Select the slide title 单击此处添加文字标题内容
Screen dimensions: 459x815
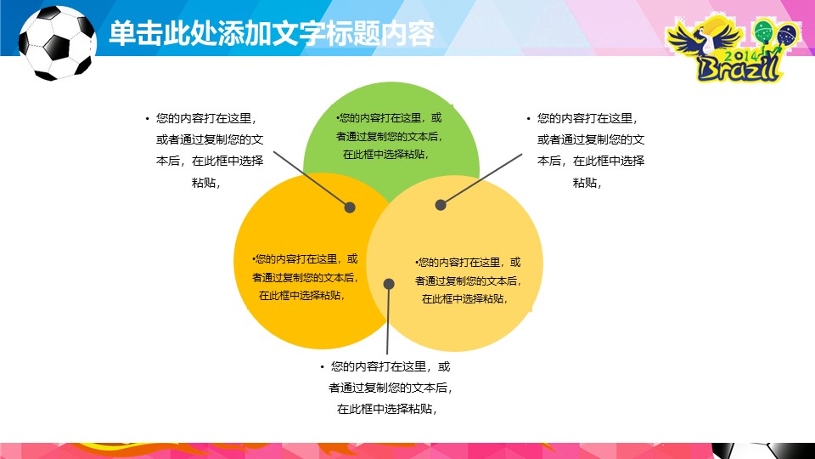pos(272,33)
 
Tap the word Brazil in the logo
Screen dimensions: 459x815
pos(737,68)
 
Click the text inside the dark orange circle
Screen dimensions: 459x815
pos(304,277)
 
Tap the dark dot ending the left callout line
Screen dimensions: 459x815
pos(350,207)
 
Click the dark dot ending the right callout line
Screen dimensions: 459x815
pos(441,205)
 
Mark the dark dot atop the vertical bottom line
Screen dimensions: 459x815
pos(388,284)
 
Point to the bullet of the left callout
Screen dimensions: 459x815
pos(147,119)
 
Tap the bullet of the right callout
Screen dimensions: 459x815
pos(528,119)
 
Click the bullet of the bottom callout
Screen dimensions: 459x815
pos(323,367)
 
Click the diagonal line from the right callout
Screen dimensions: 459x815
pos(480,179)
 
